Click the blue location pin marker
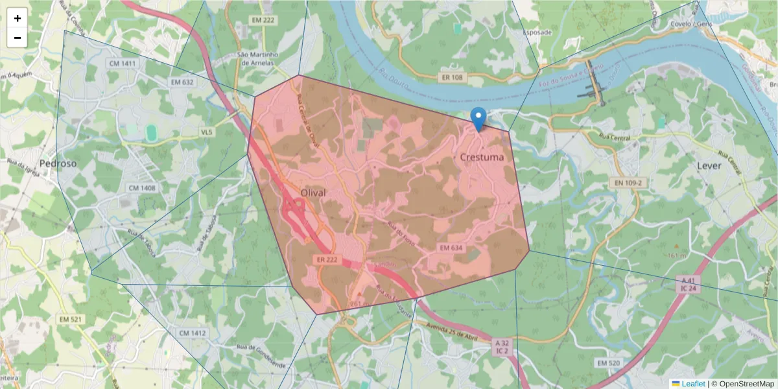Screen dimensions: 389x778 point(478,119)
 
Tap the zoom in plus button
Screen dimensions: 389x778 point(18,18)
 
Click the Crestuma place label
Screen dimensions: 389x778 point(482,157)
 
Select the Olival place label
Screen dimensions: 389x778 point(314,193)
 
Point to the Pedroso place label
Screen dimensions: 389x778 point(58,163)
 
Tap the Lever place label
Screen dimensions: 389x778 point(709,165)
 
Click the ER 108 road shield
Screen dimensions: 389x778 point(451,78)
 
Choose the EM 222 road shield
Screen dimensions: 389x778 point(264,21)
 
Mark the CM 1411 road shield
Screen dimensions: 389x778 point(123,63)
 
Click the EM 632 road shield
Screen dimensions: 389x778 point(182,82)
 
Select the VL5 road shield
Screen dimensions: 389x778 point(206,132)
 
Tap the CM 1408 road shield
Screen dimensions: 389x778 point(142,188)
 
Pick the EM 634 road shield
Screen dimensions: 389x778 point(451,248)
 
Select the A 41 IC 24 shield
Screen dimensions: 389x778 point(688,284)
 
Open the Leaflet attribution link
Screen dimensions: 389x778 point(692,384)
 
